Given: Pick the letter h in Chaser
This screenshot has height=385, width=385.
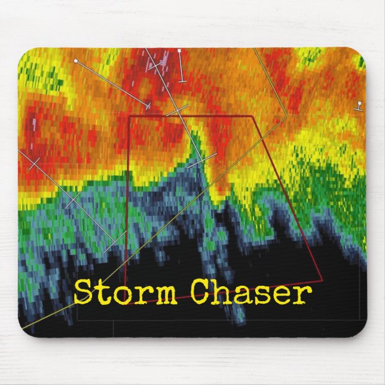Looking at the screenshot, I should pos(223,292).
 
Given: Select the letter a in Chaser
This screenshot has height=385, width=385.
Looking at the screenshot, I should pos(243,295).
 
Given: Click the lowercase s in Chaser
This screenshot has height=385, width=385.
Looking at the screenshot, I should pos(264,295).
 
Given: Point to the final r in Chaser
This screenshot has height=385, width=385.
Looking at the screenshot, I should pos(304,295).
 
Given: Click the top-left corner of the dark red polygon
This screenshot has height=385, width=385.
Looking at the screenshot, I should pos(129,117).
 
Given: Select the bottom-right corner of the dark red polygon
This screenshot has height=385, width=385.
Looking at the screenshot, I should pos(322,279).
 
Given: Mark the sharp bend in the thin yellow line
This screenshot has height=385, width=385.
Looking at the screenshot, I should pos(288,115).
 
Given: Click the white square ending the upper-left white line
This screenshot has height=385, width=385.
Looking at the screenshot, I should pos(76,61).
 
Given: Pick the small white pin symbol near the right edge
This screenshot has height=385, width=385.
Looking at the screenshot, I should pos(359,105).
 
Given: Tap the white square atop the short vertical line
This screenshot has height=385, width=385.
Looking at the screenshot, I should pos(179,53).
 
